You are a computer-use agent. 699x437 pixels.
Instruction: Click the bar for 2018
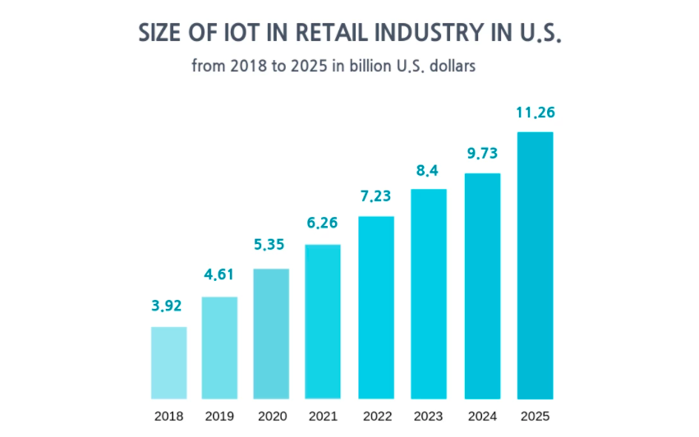168,362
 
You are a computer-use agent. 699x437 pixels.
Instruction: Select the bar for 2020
271,333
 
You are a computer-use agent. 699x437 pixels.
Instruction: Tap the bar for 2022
376,307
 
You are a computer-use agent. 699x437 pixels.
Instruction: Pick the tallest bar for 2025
535,264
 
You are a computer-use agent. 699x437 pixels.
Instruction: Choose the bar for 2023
429,293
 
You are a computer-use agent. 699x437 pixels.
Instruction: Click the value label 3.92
167,306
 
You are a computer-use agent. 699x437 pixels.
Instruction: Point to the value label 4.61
219,275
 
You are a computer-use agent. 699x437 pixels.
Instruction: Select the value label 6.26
323,223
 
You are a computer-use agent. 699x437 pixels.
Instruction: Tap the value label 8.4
429,171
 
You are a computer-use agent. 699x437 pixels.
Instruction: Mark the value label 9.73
483,154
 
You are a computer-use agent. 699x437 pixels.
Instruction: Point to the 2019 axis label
220,416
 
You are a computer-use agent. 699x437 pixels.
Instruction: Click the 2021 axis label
323,416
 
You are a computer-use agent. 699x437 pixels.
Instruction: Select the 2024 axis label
483,416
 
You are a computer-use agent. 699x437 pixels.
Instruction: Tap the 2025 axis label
536,416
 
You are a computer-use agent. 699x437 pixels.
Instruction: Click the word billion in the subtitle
374,66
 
